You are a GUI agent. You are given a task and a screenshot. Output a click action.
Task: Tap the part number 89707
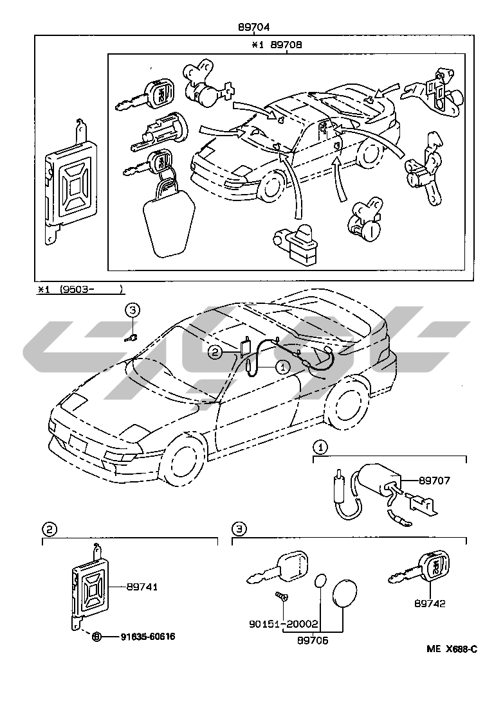click(x=435, y=480)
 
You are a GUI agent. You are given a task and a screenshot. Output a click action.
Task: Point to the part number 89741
click(x=142, y=587)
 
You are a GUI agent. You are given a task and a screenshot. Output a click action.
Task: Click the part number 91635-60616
click(x=147, y=637)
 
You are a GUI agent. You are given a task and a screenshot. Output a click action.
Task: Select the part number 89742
click(x=430, y=604)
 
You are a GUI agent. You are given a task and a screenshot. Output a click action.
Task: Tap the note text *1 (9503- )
click(x=79, y=290)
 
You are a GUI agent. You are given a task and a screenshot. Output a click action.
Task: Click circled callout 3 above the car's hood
click(x=132, y=311)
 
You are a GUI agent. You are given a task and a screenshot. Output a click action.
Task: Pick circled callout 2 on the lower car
click(x=215, y=351)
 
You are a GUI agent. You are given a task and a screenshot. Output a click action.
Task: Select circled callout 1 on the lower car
click(x=281, y=367)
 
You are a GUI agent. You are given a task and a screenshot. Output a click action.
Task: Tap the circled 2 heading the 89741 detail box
click(x=50, y=529)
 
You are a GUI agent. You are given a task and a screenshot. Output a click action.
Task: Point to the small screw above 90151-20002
click(x=281, y=596)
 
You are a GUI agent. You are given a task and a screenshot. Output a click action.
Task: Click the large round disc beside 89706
click(x=345, y=593)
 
